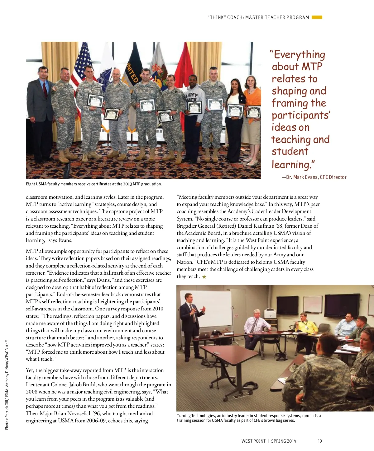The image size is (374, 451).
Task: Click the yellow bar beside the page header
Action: [x=317, y=17]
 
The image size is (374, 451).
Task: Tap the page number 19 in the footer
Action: [x=320, y=441]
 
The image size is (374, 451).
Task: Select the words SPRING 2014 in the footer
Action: [x=284, y=441]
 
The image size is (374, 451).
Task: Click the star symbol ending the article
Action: [x=204, y=277]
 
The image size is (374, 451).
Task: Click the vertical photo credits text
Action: [x=7, y=386]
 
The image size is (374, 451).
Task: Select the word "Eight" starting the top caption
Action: [x=30, y=184]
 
